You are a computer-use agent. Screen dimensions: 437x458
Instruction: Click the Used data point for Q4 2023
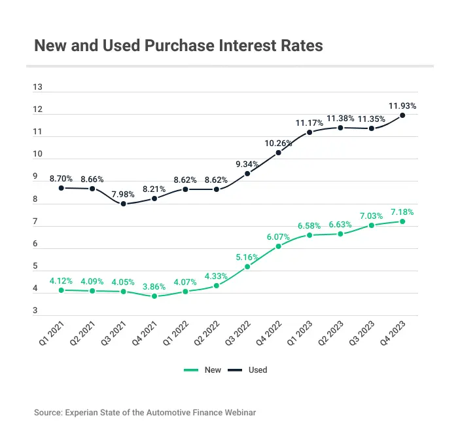[x=402, y=115]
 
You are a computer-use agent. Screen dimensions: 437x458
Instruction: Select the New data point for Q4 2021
[x=154, y=296]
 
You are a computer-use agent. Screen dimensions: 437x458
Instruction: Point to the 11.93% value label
[x=402, y=105]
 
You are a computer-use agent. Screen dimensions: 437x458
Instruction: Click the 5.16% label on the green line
[x=247, y=256]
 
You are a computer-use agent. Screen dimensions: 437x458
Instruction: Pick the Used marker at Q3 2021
[x=123, y=204]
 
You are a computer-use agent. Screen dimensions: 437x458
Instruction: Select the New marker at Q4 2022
[x=279, y=246]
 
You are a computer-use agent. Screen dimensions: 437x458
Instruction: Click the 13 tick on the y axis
[x=38, y=87]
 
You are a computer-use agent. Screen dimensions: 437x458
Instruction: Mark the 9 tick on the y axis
[x=35, y=177]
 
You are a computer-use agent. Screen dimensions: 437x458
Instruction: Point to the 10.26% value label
[x=279, y=143]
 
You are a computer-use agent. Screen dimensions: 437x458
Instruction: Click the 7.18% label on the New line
[x=402, y=212]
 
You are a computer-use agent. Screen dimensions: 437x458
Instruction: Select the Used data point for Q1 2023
[x=309, y=132]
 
